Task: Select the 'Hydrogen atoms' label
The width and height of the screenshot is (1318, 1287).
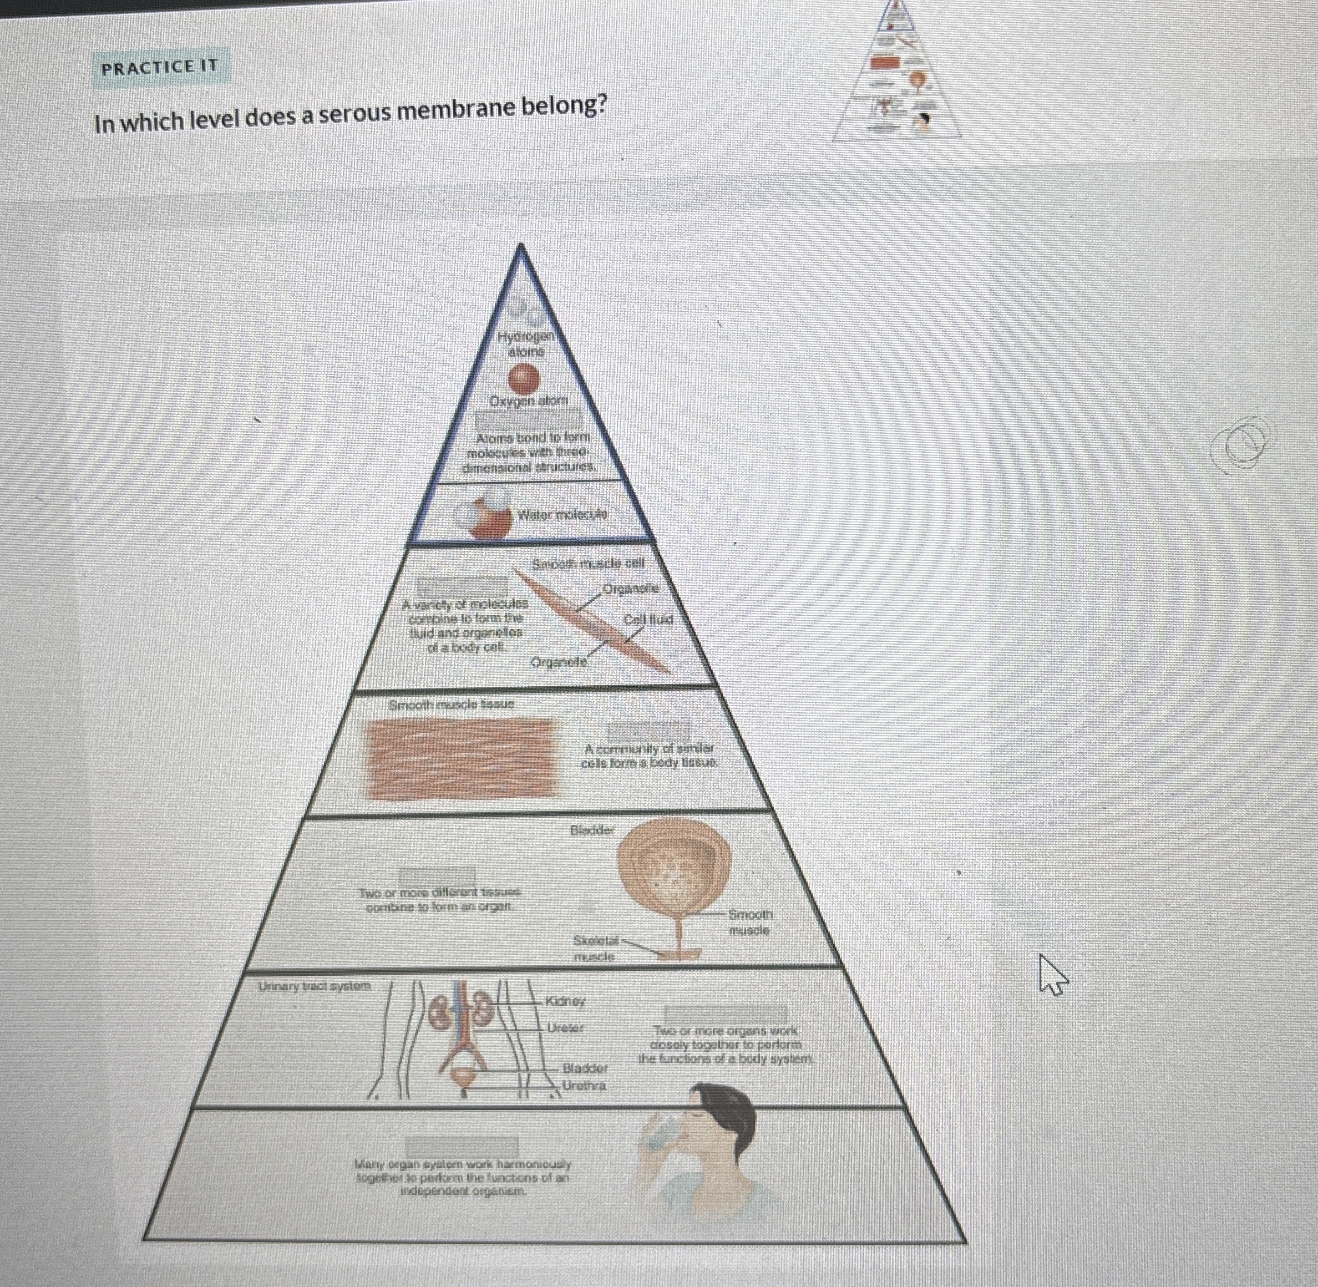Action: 526,344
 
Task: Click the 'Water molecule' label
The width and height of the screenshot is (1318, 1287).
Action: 562,514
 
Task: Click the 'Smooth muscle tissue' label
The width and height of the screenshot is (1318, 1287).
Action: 451,705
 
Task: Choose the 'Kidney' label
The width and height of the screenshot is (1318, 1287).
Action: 566,1000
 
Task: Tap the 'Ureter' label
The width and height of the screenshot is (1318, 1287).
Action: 565,1028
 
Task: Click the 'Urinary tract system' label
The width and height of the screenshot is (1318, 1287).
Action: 315,986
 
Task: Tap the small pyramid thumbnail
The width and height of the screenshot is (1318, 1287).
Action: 897,71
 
